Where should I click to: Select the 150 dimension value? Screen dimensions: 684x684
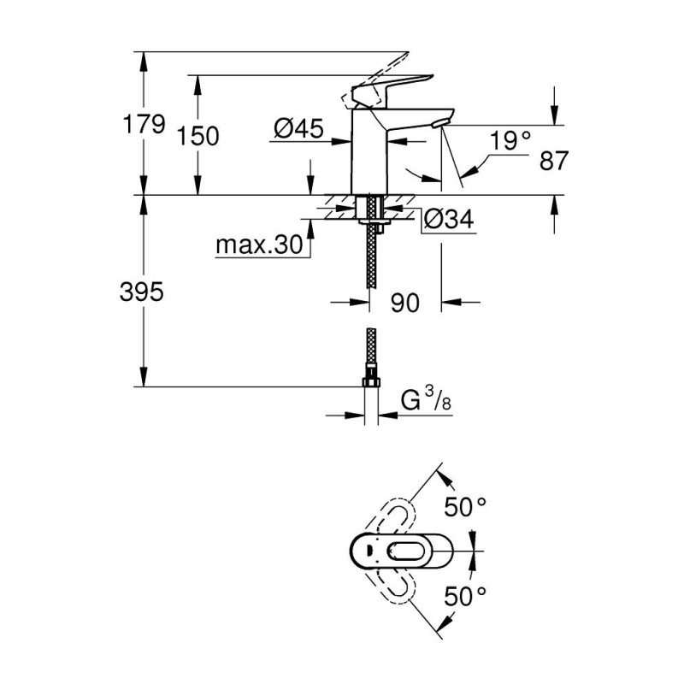(x=198, y=136)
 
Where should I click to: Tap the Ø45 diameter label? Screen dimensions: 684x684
(x=298, y=129)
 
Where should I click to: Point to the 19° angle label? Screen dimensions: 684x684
(x=511, y=140)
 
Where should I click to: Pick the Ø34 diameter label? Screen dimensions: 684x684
(x=448, y=220)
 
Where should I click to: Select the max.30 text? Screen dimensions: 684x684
(x=259, y=246)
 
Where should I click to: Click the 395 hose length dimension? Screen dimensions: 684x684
(x=142, y=292)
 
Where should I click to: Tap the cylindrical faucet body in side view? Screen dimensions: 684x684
(x=370, y=158)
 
